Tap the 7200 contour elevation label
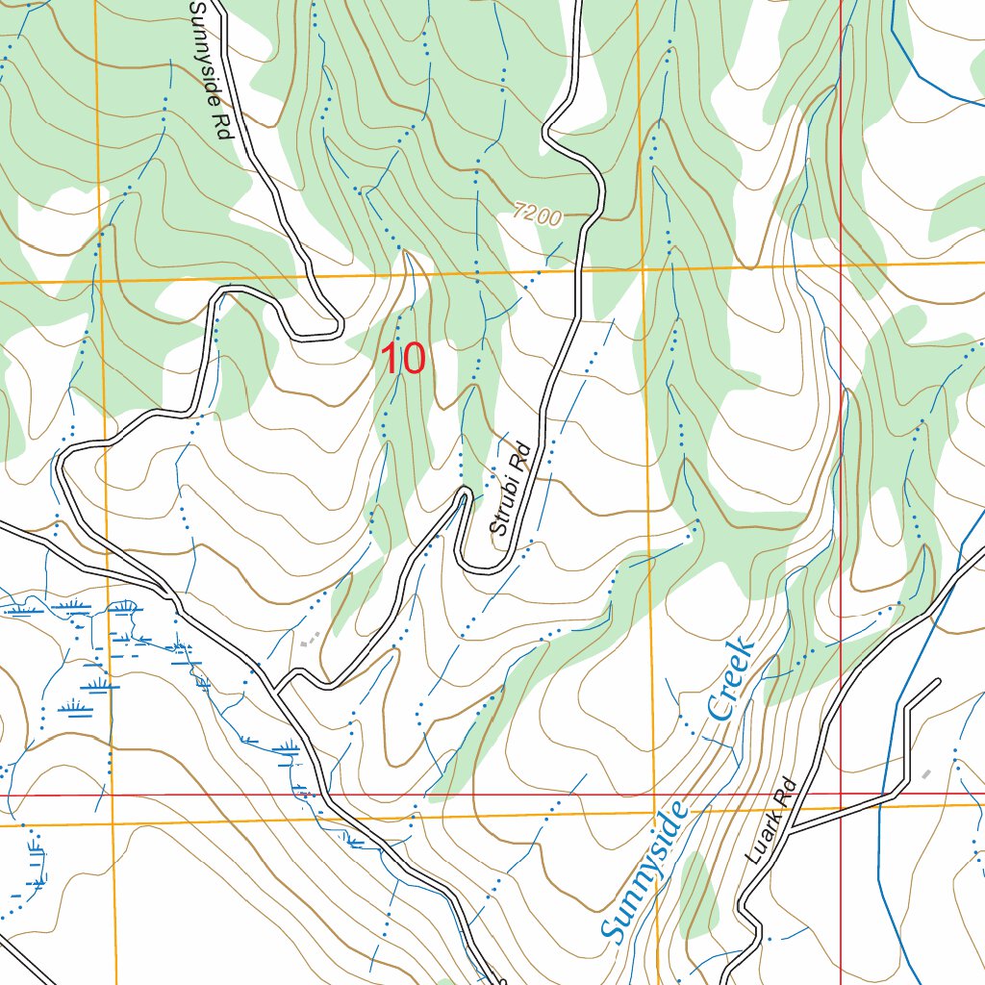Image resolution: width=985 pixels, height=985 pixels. coord(537,215)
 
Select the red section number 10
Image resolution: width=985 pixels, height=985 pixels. coord(403,359)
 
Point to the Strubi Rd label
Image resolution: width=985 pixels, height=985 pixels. coord(510,488)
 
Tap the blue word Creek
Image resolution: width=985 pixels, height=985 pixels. coord(730,677)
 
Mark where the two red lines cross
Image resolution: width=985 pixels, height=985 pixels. coord(841,795)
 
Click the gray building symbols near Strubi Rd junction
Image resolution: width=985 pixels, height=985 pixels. coord(308,639)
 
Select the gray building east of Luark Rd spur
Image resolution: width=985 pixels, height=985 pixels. coord(926,773)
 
